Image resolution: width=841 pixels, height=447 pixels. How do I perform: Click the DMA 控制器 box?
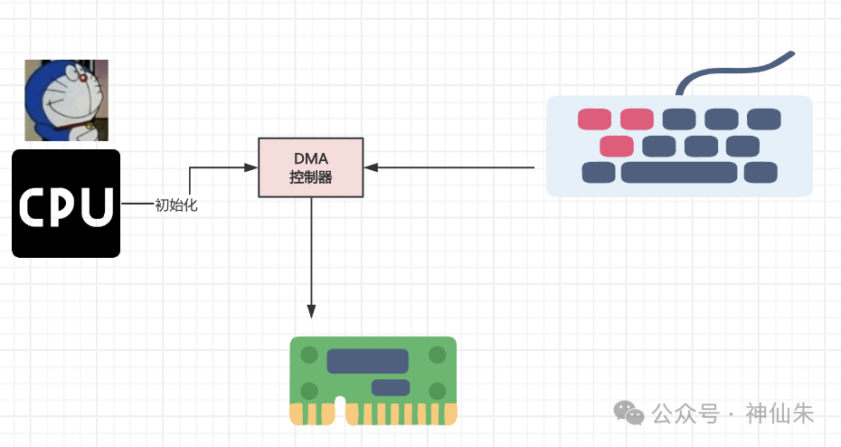pyautogui.click(x=311, y=167)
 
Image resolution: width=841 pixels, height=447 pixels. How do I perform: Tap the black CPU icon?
pyautogui.click(x=66, y=204)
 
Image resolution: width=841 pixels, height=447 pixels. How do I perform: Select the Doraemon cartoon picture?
pyautogui.click(x=66, y=100)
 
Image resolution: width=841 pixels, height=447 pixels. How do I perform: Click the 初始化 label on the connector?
pyautogui.click(x=176, y=205)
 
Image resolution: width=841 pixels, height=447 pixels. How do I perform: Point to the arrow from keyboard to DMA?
pyautogui.click(x=452, y=167)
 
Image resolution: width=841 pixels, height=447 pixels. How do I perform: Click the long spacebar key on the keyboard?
pyautogui.click(x=678, y=173)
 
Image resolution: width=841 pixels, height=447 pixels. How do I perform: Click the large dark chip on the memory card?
pyautogui.click(x=367, y=361)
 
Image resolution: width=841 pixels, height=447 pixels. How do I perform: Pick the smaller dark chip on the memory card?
pyautogui.click(x=390, y=388)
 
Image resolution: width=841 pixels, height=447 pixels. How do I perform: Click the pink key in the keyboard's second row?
pyautogui.click(x=617, y=146)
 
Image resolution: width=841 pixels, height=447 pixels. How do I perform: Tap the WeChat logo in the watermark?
pyautogui.click(x=629, y=414)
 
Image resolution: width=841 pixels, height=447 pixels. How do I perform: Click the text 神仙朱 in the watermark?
pyautogui.click(x=780, y=414)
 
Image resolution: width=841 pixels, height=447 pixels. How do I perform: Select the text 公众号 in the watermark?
pyautogui.click(x=685, y=414)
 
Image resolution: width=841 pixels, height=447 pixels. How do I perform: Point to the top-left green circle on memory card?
pyautogui.click(x=309, y=356)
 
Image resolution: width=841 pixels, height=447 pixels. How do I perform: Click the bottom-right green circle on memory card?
pyautogui.click(x=438, y=391)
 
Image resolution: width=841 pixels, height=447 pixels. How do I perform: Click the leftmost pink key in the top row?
pyautogui.click(x=595, y=119)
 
